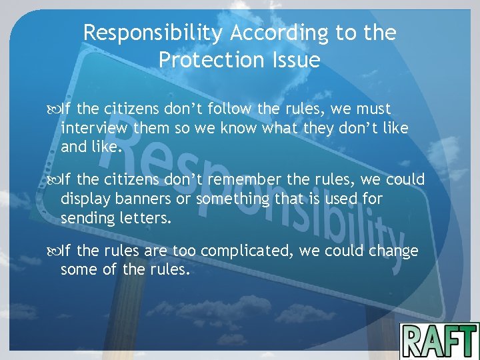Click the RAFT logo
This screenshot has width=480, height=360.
(x=439, y=340)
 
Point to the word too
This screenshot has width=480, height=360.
(x=184, y=252)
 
